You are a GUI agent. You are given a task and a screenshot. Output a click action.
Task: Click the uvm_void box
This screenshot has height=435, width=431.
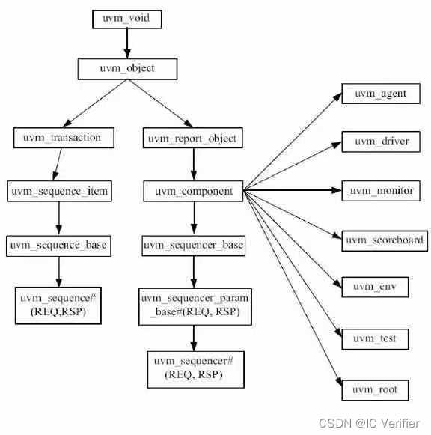pos(127,19)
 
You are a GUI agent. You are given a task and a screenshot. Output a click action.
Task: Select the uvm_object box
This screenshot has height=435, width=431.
pos(127,68)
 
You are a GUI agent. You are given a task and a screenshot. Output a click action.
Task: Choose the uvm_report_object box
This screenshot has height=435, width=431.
pos(192,138)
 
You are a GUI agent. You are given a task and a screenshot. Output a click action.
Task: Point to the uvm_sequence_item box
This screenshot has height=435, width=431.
pos(60,192)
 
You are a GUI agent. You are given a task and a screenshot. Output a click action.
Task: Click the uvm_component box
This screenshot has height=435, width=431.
pos(194,192)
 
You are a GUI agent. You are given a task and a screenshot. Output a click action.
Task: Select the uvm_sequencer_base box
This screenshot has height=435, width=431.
pos(194,245)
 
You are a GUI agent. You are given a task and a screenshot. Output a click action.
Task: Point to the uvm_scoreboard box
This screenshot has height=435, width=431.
pos(385,240)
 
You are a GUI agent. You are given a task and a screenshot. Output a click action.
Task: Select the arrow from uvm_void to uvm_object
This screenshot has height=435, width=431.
pos(127,43)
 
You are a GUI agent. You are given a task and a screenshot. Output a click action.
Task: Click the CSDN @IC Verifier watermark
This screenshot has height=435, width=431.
pos(369,424)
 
